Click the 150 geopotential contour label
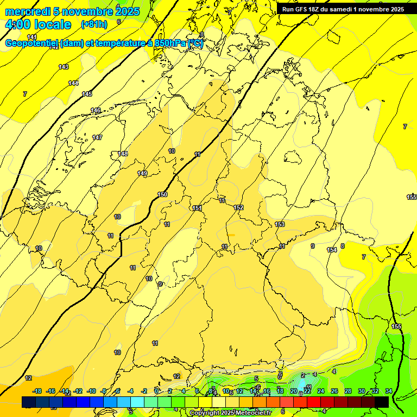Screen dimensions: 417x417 (162, 194)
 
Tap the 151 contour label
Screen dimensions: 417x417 (197, 208)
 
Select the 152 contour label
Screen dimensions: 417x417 (238, 207)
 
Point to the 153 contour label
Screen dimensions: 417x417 (280, 224)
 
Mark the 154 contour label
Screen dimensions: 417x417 (332, 250)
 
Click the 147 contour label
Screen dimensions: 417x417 (97, 137)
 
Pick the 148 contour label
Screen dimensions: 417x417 (123, 154)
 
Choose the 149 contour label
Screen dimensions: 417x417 (142, 173)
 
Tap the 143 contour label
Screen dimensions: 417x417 (64, 67)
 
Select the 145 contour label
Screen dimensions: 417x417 (87, 94)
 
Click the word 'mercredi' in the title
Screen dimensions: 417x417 (27, 11)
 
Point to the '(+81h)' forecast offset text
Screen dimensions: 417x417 (94, 24)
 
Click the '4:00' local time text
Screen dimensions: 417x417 (18, 24)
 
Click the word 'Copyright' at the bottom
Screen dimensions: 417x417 (207, 413)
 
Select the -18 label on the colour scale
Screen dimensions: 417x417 (37, 391)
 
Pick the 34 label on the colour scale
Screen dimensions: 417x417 (388, 391)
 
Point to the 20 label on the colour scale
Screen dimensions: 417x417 (294, 391)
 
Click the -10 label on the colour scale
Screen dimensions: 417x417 (91, 391)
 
